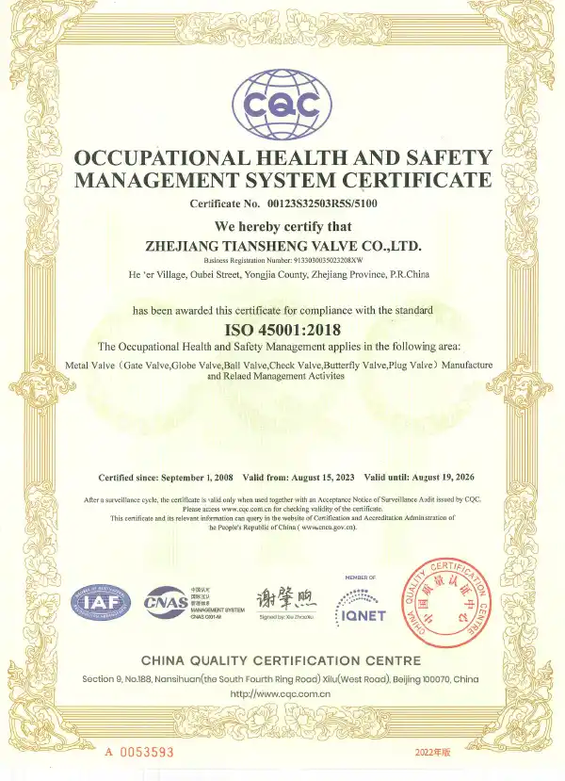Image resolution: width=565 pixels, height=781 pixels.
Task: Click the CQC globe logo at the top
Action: coord(282,103)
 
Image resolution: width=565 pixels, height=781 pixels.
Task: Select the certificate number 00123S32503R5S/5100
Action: coord(319,203)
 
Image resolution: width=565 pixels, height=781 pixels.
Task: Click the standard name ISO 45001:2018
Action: coord(282,329)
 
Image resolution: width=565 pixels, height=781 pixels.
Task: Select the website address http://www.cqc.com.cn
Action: coord(282,693)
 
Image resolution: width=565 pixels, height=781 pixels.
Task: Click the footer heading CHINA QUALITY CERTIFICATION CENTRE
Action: coord(282,659)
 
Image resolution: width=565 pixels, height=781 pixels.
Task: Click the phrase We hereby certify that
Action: coord(282,226)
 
